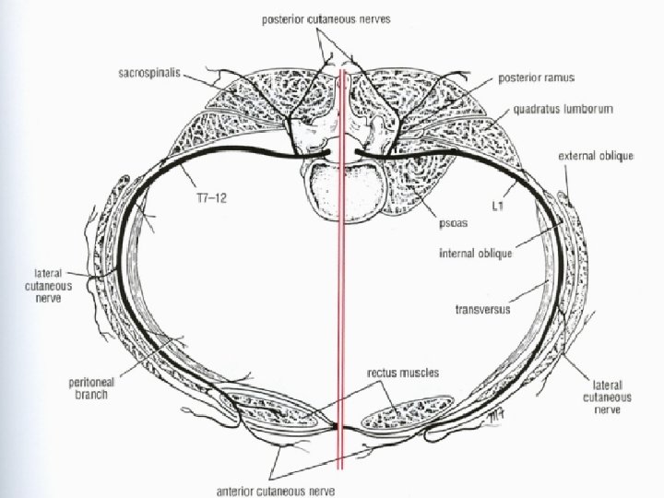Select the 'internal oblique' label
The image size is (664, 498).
pos(476,251)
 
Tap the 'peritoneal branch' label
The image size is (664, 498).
pos(113,387)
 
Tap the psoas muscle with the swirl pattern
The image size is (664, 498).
pos(433,175)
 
